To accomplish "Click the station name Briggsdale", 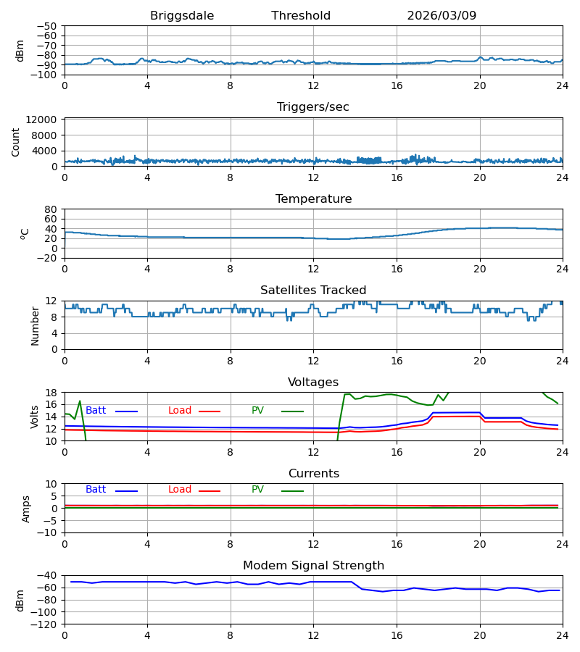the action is click(182, 16).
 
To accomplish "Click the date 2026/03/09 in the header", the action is click(442, 16).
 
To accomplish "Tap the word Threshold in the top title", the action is click(301, 16).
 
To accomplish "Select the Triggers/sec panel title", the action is click(313, 107).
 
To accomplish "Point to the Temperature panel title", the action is click(313, 198).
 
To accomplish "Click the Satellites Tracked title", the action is click(313, 291).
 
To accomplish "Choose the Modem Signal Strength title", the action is click(313, 566).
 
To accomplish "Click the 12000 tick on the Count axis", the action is click(41, 120).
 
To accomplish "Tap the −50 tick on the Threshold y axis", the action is click(47, 26).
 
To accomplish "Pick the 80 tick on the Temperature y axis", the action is click(51, 209).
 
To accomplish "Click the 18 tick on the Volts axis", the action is click(51, 393).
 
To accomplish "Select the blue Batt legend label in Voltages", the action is click(96, 411).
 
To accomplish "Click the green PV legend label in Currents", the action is click(257, 490).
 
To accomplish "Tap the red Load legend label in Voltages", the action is click(180, 411).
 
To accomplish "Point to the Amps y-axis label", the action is click(26, 509).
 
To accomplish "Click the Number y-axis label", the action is click(35, 327).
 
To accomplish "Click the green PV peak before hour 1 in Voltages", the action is click(80, 401).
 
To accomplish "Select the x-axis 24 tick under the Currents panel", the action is click(563, 544).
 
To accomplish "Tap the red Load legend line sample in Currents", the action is click(210, 491).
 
